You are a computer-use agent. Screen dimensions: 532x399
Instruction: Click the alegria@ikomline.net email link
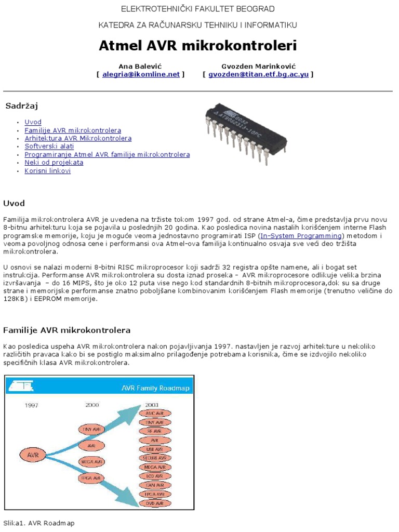[141, 74]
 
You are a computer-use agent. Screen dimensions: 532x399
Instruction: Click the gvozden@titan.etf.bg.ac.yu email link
[259, 74]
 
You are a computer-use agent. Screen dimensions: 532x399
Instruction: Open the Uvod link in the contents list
[33, 122]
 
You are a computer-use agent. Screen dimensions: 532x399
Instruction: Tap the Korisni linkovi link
[47, 170]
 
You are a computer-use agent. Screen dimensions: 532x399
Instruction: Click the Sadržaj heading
[21, 106]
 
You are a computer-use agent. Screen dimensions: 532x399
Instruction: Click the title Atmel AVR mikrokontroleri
[198, 46]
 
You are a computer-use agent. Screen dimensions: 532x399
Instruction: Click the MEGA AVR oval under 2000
[92, 461]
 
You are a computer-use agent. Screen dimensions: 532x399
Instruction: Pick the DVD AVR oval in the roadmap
[154, 503]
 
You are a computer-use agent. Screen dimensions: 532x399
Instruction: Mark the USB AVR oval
[154, 448]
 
